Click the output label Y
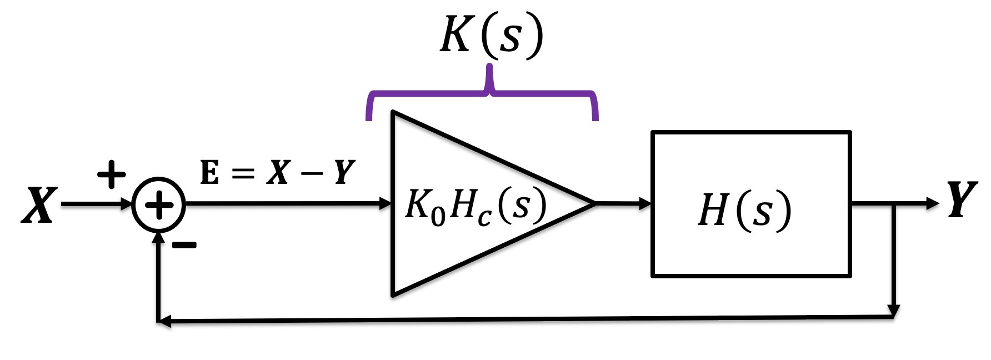[962, 200]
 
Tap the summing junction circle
[159, 205]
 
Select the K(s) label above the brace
[491, 36]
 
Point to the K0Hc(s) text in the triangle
[476, 207]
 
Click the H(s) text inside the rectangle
[744, 211]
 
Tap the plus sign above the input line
[112, 174]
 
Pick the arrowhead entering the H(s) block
[645, 204]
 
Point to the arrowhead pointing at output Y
[932, 203]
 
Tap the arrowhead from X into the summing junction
[127, 204]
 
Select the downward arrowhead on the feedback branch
[893, 309]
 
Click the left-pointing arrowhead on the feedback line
[164, 321]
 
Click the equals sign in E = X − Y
[242, 173]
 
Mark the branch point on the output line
[893, 204]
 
